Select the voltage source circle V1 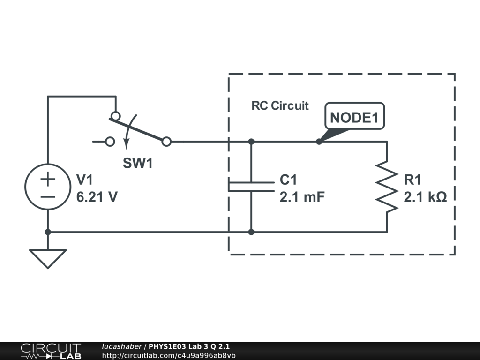pos(48,165)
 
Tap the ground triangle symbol pos(48,259)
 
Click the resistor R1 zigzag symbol pos(387,187)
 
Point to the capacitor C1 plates pos(251,187)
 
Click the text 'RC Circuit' pos(280,105)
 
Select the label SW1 pos(137,163)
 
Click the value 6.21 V pos(97,197)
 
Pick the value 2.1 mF pos(302,197)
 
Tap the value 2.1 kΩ pos(425,197)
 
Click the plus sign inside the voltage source pos(48,179)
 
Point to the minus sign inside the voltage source pos(48,197)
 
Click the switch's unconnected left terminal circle pos(110,142)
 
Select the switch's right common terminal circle pos(166,142)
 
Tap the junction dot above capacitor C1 pos(251,142)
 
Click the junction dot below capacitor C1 pos(251,232)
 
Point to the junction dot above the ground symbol pos(48,232)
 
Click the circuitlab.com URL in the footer pos(169,355)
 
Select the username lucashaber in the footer pos(121,346)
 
